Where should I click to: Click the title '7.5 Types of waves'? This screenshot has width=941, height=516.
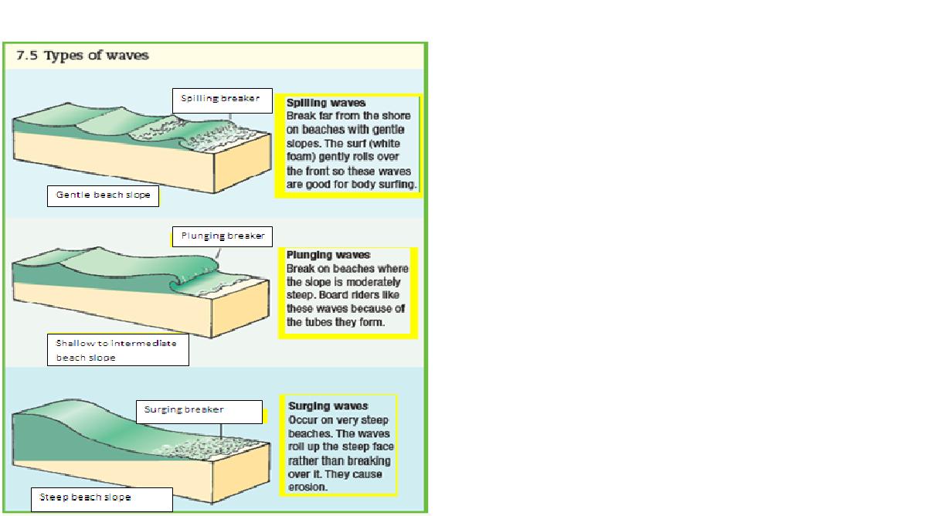[83, 56]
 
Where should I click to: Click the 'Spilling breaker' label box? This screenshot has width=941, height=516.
[222, 99]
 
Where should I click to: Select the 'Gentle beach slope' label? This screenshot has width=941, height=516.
[103, 196]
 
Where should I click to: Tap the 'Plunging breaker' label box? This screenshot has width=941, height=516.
[222, 236]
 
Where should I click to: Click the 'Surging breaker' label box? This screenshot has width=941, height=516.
[200, 411]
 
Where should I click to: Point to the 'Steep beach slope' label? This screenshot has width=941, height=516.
[101, 498]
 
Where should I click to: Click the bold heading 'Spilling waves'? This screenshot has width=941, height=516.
[326, 102]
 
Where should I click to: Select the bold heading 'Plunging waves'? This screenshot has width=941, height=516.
[328, 254]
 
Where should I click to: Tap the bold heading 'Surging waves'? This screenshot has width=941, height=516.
[328, 406]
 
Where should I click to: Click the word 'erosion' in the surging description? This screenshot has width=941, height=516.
[307, 487]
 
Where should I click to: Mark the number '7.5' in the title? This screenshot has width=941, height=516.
[27, 56]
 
